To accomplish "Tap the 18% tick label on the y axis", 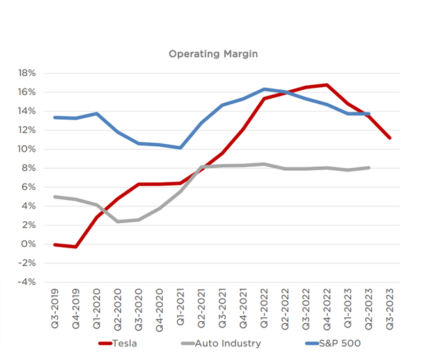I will click(27, 73).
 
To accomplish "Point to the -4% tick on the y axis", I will click(28, 282).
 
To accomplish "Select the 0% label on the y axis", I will click(30, 244).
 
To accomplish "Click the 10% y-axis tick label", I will click(27, 149).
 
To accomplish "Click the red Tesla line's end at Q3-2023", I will click(390, 138).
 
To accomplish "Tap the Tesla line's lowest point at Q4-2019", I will click(76, 246).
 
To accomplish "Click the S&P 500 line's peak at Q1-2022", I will click(264, 89).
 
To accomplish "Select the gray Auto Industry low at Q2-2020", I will click(118, 221).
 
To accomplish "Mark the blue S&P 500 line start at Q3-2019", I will click(55, 117).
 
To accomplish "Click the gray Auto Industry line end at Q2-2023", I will click(369, 167).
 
